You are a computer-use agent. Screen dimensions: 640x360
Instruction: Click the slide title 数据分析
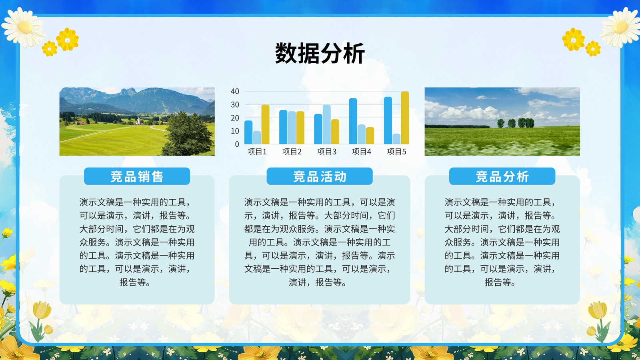(320, 53)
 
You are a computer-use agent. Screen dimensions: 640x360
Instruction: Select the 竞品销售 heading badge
(137, 176)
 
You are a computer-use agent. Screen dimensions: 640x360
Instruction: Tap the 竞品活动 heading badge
(320, 176)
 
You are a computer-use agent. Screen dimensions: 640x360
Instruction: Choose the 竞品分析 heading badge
(502, 176)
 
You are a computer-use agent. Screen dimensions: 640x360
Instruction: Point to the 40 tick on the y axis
(235, 92)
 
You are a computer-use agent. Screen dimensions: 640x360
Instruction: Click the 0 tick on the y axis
(237, 144)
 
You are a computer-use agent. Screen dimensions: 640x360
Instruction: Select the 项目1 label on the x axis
(257, 152)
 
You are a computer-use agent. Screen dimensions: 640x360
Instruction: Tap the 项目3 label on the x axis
(326, 152)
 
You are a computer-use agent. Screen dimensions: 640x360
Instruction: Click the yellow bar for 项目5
(405, 118)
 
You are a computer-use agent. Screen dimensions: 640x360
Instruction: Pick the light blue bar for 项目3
(326, 124)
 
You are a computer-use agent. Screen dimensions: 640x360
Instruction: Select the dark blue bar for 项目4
(353, 121)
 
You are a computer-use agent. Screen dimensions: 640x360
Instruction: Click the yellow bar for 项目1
(265, 124)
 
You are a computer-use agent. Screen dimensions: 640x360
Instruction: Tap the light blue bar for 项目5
(396, 139)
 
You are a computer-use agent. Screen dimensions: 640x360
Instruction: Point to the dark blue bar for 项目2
(283, 127)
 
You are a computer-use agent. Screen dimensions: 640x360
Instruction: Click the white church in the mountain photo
(140, 121)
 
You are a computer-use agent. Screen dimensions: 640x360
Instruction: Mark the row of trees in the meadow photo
(516, 123)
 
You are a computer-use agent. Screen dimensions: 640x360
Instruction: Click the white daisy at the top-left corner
(24, 28)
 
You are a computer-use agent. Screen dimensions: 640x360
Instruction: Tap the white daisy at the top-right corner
(620, 28)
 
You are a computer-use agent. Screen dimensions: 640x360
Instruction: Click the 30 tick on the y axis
(235, 104)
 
